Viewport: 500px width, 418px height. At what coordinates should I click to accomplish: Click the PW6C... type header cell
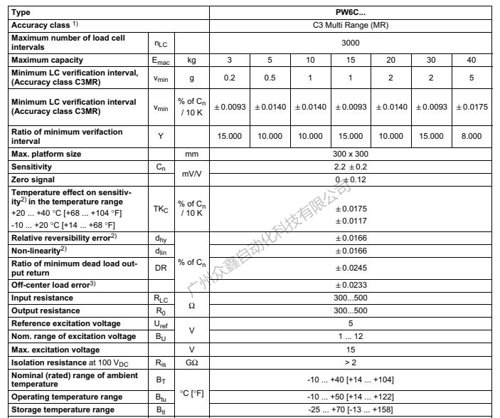pos(351,12)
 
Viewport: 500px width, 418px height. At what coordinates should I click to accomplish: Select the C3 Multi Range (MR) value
pos(351,25)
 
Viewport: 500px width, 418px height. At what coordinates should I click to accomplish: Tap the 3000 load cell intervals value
pos(351,42)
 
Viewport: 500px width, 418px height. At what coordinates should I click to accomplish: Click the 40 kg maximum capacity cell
pos(471,60)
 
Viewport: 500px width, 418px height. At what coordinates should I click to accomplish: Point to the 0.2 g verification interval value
pos(230,78)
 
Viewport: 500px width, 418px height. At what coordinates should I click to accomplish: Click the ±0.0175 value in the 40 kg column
pos(471,107)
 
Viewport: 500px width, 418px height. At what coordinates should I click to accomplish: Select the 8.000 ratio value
pos(471,136)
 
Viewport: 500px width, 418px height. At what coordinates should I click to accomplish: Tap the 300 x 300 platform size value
pos(351,154)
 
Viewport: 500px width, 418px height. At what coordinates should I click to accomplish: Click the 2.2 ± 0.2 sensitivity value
pos(351,167)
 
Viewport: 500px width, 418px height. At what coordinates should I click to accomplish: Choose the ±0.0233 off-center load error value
pos(351,285)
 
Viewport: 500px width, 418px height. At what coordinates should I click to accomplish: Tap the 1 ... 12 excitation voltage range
pos(351,336)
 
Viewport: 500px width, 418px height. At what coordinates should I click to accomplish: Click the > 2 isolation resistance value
pos(351,362)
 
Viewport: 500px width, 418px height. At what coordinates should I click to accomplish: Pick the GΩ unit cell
pos(191,362)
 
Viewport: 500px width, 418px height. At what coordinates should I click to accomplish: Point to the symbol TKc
pos(161,209)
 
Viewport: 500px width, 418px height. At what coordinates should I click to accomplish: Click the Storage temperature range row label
pos(63,409)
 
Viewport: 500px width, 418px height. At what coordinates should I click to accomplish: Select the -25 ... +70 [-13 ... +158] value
pos(351,409)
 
